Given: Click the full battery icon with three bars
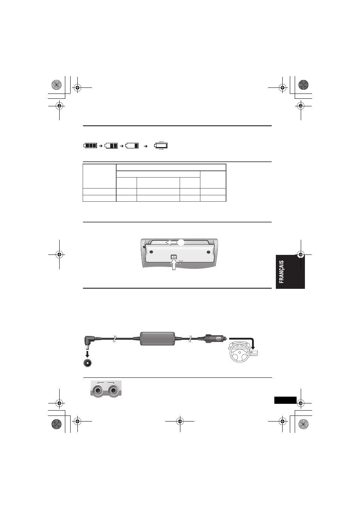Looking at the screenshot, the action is coord(90,146).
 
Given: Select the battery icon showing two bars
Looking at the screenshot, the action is coord(111,146).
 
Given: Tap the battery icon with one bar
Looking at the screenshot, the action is coord(132,146).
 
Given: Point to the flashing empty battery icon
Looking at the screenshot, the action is coord(161,146).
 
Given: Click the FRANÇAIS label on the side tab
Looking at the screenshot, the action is coord(282,272).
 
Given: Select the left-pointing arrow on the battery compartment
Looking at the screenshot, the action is coord(171,242).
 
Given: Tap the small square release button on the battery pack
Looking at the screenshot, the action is coord(174,257).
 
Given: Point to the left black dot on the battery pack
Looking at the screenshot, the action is coord(151,252).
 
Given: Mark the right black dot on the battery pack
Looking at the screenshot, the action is coord(208,252).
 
